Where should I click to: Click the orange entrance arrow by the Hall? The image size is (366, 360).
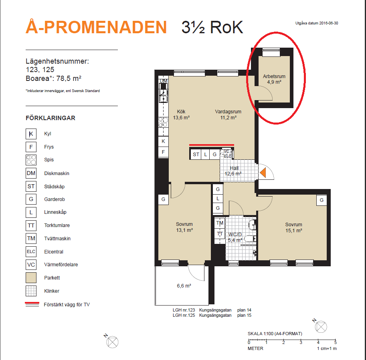coord(263,173)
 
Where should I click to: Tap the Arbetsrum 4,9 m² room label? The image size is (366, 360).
coord(274,79)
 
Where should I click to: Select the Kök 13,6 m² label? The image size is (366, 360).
coord(181,115)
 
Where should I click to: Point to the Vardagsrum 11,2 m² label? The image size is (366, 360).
coord(228,115)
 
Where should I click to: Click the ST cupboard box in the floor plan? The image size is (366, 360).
coord(196,154)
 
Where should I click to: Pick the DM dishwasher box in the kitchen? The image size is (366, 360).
coord(164,80)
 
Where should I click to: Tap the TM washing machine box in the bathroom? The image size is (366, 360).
coord(220,223)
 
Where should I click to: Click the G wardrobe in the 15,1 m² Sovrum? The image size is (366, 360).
coord(322,200)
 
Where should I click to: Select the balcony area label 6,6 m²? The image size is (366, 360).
coord(184,286)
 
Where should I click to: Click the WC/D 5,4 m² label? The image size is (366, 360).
coord(235,237)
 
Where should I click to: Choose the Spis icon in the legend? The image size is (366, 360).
coord(31,160)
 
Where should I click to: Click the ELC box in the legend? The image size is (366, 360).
coord(31,251)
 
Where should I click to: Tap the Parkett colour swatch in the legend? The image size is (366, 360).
coord(31,278)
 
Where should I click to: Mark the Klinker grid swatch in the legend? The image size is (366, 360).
coord(31,291)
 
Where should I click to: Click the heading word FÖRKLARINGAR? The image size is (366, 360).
coord(51,118)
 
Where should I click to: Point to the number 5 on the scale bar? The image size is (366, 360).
coord(336,342)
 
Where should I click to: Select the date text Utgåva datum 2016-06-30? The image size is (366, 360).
coord(317,23)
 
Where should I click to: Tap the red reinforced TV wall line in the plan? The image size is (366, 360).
coord(212,145)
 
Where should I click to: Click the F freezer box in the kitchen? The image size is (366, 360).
coord(164,152)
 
